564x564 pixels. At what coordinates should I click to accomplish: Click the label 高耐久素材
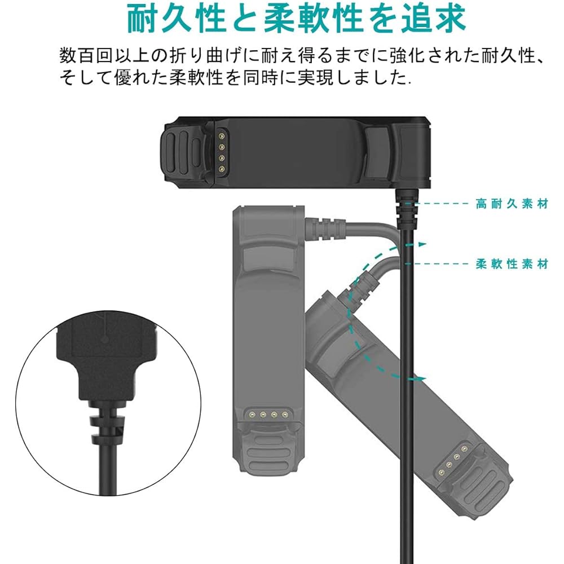[512, 204]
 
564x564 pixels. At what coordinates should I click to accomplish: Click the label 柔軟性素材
[512, 264]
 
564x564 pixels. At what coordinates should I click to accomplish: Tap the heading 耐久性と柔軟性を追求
[297, 19]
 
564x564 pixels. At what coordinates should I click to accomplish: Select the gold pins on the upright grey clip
[267, 414]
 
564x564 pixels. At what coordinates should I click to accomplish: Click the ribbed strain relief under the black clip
[407, 208]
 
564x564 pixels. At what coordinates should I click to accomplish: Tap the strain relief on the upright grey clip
[325, 228]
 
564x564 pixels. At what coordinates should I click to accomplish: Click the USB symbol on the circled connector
[104, 327]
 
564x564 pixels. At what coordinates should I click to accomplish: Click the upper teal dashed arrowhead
[420, 244]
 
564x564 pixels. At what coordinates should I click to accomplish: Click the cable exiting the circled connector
[107, 469]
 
